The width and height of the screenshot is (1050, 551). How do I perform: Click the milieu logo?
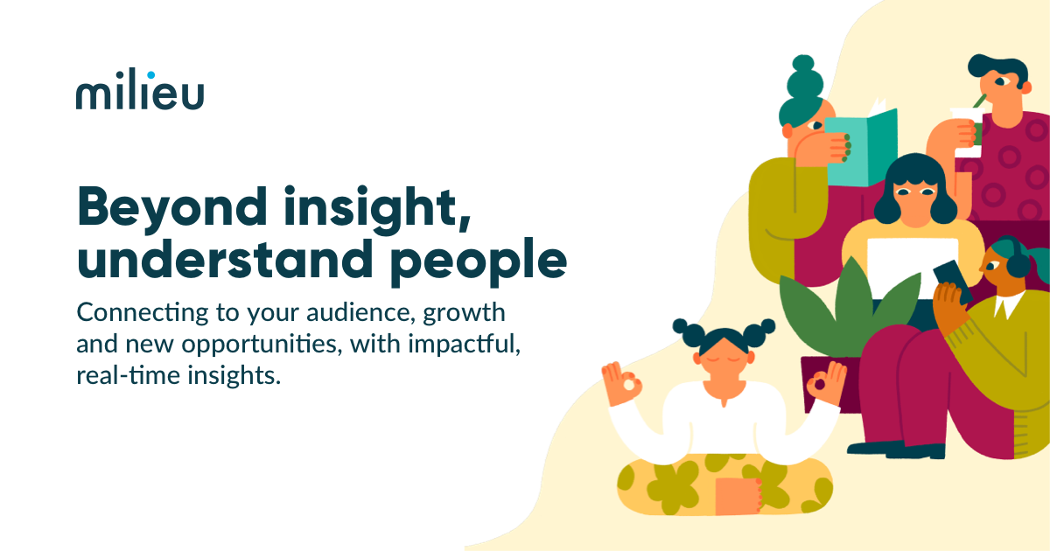pos(140,91)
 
